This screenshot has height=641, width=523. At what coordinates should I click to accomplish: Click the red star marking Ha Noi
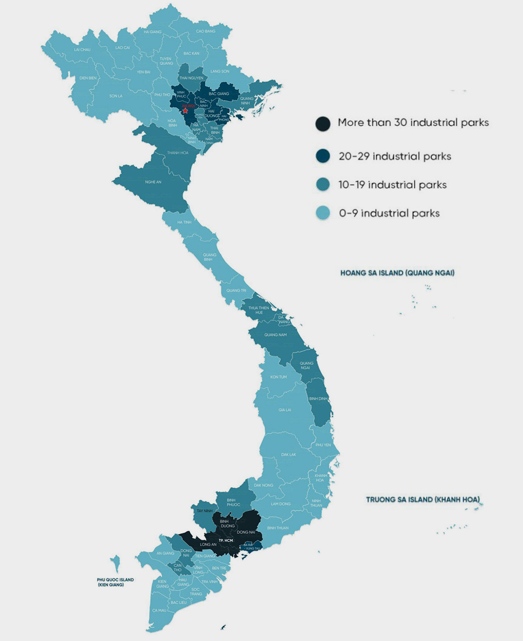tap(185, 110)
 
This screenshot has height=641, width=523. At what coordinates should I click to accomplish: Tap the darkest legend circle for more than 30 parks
tap(323, 123)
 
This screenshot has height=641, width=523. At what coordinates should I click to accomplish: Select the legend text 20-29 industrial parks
tap(395, 156)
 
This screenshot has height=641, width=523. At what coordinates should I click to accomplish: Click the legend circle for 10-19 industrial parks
tap(323, 185)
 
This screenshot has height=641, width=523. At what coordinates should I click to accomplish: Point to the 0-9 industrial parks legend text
tap(389, 213)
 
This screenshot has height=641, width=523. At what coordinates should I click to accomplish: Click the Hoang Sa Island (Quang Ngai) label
tap(397, 273)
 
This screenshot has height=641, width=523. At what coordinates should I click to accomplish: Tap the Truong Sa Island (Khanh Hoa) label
tap(423, 500)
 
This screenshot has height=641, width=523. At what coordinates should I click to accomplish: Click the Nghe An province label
tap(153, 182)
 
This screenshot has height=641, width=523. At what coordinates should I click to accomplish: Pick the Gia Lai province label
tap(285, 410)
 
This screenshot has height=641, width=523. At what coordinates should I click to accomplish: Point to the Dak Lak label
tap(288, 454)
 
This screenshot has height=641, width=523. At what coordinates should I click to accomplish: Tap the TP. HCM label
tap(225, 539)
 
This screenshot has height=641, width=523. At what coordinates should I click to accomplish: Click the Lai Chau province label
tap(82, 50)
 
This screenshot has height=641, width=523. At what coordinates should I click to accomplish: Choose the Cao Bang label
tap(206, 31)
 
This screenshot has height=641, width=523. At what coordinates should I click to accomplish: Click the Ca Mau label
tap(159, 610)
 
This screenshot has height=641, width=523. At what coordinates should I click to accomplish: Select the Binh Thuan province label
tap(278, 528)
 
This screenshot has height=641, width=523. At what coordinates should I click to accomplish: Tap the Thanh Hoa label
tap(177, 153)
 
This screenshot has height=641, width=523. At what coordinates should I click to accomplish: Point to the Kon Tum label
tap(278, 377)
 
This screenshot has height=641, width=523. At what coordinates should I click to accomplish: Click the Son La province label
tap(116, 96)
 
